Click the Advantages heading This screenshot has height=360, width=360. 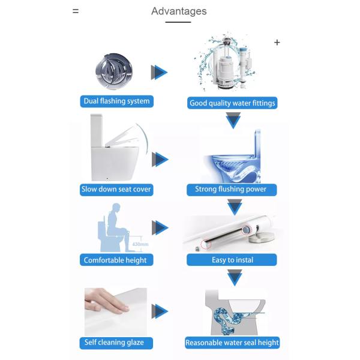click(179, 11)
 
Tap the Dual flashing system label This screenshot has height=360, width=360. click(117, 101)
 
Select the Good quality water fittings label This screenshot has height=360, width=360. click(232, 103)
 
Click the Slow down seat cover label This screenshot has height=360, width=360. click(116, 189)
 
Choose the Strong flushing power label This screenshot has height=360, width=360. click(230, 189)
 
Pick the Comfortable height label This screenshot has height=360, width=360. click(115, 260)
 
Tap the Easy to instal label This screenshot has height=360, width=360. click(232, 260)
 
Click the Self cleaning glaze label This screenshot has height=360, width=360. click(115, 343)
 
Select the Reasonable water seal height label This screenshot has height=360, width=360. click(232, 343)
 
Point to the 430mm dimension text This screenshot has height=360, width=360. click(140, 244)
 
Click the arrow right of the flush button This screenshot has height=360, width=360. click(159, 73)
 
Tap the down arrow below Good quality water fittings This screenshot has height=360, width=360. click(233, 121)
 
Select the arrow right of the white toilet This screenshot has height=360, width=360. click(159, 160)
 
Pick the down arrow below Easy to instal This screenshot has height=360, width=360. click(233, 278)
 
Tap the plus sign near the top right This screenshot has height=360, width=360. click(277, 43)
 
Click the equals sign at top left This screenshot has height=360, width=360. click(76, 11)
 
